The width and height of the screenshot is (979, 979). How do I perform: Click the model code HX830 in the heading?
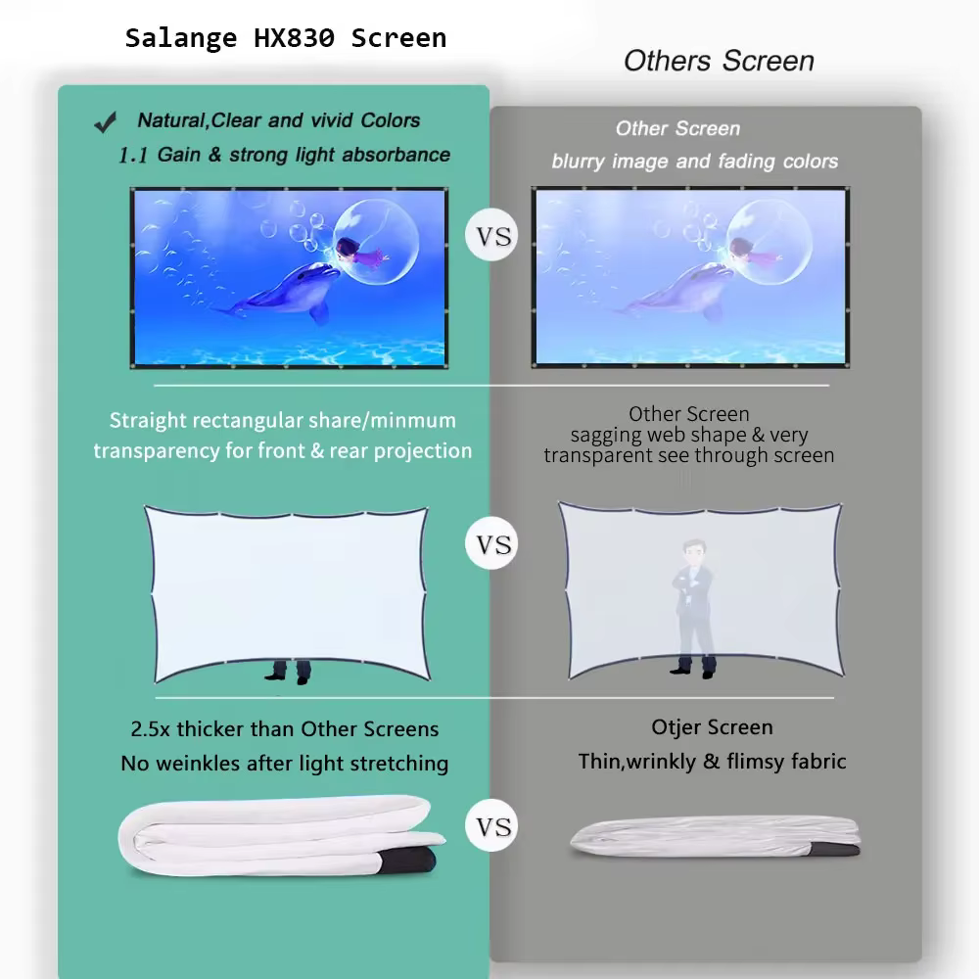click(294, 38)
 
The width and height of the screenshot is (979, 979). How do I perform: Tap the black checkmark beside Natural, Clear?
click(105, 121)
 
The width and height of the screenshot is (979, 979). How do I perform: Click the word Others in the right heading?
click(667, 61)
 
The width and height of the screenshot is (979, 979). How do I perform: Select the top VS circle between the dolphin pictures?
click(492, 235)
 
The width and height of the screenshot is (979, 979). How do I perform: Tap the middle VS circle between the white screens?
click(492, 543)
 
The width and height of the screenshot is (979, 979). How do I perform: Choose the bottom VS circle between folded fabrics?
click(492, 825)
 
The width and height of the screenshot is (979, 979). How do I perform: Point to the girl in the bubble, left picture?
click(357, 251)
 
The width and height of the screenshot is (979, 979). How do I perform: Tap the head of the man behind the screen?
click(694, 552)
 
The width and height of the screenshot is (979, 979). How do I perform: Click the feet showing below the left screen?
click(289, 672)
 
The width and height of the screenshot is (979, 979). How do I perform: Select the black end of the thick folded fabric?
click(407, 861)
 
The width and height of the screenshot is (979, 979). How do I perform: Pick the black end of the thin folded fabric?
click(835, 849)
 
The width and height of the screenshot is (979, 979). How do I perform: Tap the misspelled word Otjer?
click(676, 727)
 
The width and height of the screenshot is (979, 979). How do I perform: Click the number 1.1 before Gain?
click(133, 156)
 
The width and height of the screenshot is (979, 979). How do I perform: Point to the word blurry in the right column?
click(578, 162)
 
